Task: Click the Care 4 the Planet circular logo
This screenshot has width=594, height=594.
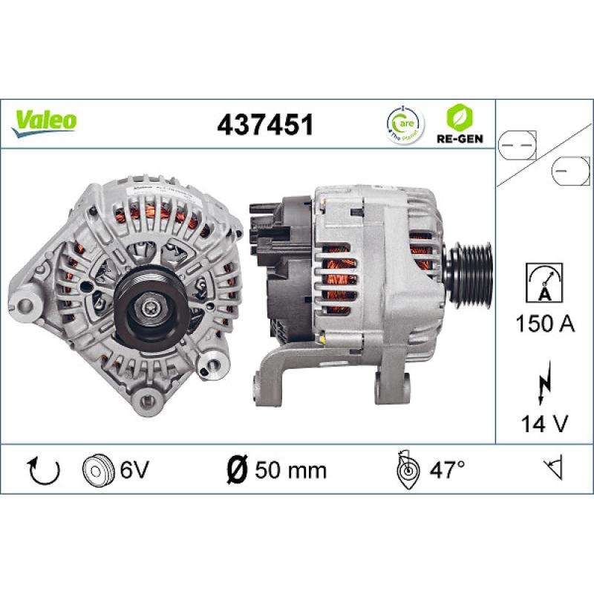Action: click(402, 124)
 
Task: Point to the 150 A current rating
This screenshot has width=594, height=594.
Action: click(544, 324)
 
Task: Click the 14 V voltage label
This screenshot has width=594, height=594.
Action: click(544, 423)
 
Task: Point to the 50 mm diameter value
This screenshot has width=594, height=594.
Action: click(290, 470)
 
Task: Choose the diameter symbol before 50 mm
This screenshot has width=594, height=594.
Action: click(235, 470)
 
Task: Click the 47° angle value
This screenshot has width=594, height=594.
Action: click(447, 470)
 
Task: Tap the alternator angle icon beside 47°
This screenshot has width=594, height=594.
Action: click(408, 469)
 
